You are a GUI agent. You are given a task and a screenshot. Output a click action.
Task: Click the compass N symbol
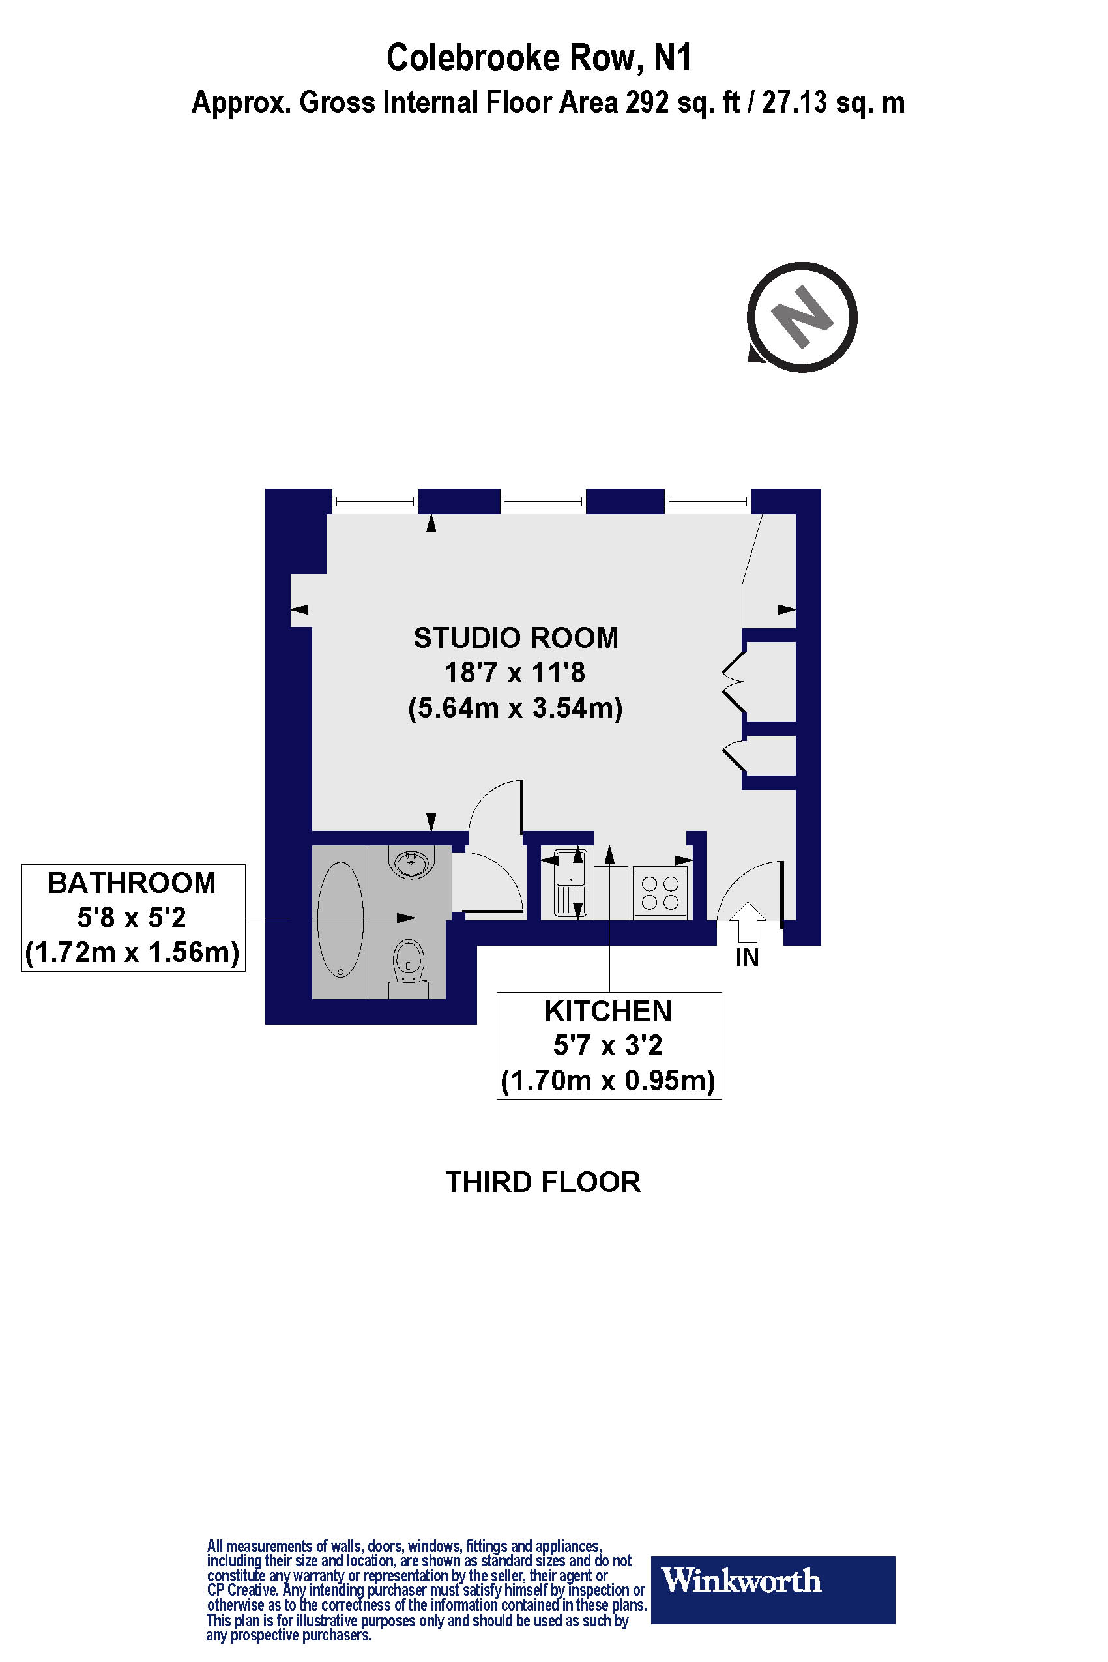click(802, 317)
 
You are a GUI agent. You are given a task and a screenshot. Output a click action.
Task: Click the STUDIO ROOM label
click(516, 638)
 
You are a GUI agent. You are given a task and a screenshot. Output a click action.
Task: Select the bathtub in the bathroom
click(341, 918)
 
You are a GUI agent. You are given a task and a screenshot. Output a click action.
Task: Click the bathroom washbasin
click(411, 863)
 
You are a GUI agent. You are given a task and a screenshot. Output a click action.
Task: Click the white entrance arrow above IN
click(747, 922)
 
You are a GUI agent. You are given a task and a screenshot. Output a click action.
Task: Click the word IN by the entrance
click(747, 958)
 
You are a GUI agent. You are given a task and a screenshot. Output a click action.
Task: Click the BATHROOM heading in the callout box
click(132, 883)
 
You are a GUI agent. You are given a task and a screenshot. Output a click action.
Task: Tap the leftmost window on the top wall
click(375, 502)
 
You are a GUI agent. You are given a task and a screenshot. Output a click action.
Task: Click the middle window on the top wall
click(543, 502)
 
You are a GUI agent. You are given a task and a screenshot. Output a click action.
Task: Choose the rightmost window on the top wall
click(707, 502)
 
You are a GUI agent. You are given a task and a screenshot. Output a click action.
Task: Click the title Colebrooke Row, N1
click(538, 58)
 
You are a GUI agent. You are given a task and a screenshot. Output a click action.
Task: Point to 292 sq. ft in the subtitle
click(682, 103)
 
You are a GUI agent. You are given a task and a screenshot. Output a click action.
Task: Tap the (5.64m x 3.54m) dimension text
click(516, 707)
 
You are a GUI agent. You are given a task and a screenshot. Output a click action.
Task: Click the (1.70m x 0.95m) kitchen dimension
click(607, 1081)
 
